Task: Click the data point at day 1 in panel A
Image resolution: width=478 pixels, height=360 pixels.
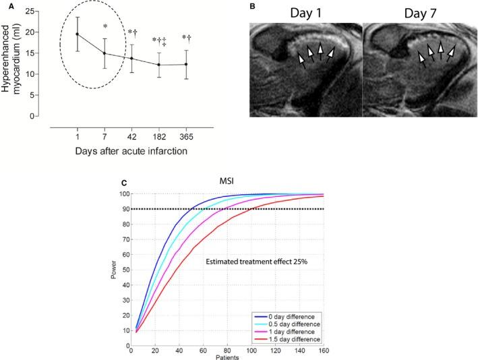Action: (78, 34)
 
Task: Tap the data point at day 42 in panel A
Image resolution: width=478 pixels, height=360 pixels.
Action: (131, 59)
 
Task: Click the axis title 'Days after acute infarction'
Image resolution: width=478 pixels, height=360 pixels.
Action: (132, 151)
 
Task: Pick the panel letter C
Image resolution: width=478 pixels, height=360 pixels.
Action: (122, 183)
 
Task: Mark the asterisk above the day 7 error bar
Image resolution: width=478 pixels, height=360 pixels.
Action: (105, 28)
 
